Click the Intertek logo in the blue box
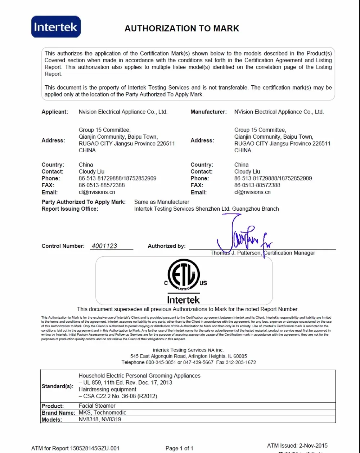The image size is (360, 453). click(56, 27)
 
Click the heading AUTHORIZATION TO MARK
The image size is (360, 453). click(182, 28)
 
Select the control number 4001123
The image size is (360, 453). click(104, 246)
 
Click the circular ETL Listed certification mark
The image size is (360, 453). click(184, 275)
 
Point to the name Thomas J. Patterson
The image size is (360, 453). click(236, 253)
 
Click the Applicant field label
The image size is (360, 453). click(55, 112)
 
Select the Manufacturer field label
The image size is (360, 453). click(209, 112)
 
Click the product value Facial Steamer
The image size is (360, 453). click(97, 406)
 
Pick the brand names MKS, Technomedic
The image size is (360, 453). click(103, 413)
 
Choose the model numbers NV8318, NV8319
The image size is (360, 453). click(100, 420)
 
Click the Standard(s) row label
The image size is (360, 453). click(58, 386)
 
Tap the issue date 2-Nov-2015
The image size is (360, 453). click(313, 445)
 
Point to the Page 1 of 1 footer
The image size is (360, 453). click(179, 448)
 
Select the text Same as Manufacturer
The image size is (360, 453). click(162, 202)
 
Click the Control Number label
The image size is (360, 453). click(63, 246)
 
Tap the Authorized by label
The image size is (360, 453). click(167, 246)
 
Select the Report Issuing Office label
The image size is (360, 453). click(70, 209)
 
